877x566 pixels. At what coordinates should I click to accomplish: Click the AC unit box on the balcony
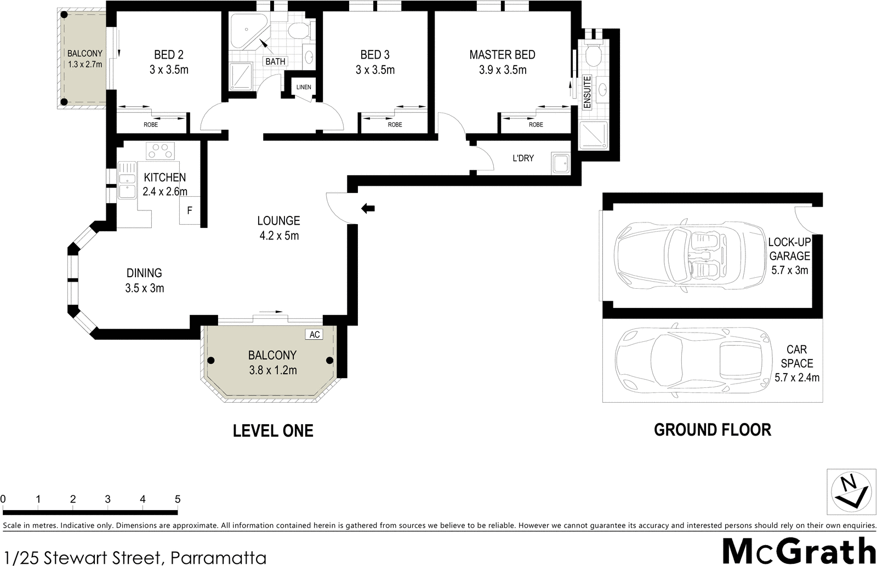pyautogui.click(x=314, y=334)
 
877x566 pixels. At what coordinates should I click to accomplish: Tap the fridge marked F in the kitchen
pyautogui.click(x=190, y=210)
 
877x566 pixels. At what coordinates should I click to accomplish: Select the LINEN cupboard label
pyautogui.click(x=303, y=87)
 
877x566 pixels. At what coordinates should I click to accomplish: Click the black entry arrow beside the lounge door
pyautogui.click(x=368, y=208)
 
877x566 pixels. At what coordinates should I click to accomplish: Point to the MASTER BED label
pyautogui.click(x=502, y=55)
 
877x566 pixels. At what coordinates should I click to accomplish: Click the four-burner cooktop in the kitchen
pyautogui.click(x=160, y=151)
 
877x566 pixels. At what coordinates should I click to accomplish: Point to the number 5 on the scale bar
pyautogui.click(x=177, y=499)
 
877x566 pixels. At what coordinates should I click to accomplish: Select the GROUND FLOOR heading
pyautogui.click(x=712, y=430)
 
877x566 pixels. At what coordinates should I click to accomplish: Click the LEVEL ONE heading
pyautogui.click(x=273, y=431)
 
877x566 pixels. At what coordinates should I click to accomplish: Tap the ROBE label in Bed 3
pyautogui.click(x=395, y=125)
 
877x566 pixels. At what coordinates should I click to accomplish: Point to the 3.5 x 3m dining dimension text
pyautogui.click(x=144, y=288)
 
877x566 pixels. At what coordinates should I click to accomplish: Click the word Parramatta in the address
pyautogui.click(x=218, y=558)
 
